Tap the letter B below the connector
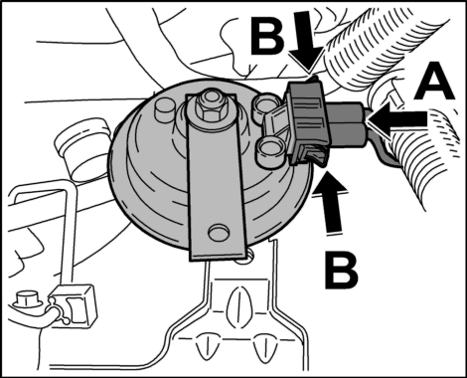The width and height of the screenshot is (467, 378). click(x=341, y=270)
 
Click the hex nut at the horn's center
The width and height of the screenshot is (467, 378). click(x=209, y=107)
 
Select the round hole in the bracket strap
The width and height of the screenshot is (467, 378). click(x=219, y=232)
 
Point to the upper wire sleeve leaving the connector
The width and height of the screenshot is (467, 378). click(x=347, y=111)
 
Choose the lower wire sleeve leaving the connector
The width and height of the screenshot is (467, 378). click(x=349, y=133)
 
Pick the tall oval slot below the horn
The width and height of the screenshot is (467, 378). click(x=235, y=302)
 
